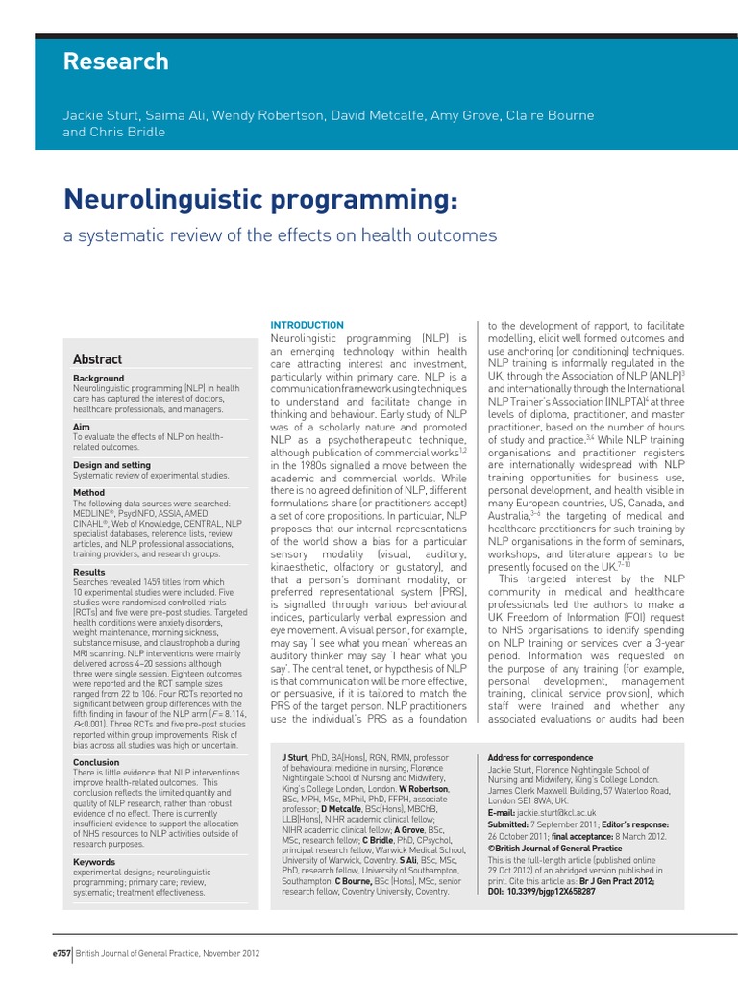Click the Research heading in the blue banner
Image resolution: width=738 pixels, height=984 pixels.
pyautogui.click(x=115, y=62)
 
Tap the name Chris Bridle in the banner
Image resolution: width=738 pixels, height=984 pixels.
pyautogui.click(x=128, y=133)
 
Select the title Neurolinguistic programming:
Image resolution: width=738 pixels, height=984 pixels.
pyautogui.click(x=260, y=200)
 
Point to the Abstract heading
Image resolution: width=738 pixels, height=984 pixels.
pyautogui.click(x=98, y=359)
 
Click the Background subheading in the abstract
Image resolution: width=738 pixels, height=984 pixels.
pyautogui.click(x=99, y=379)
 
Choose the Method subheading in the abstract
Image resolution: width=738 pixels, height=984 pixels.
pyautogui.click(x=89, y=492)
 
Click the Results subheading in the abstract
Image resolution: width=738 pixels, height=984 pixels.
pyautogui.click(x=90, y=572)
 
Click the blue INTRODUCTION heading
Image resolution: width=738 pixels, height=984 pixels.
pyautogui.click(x=307, y=326)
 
